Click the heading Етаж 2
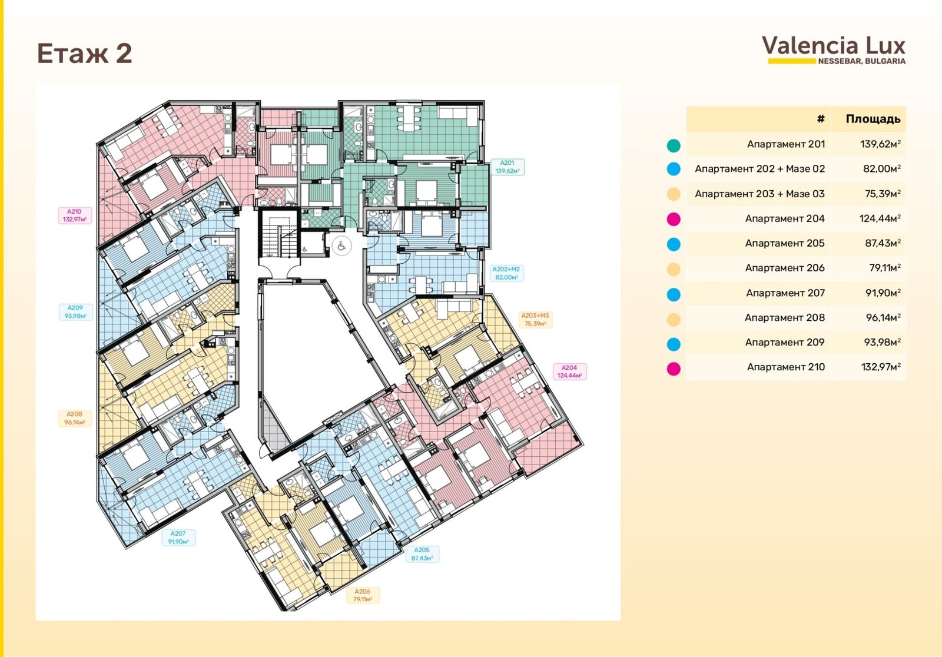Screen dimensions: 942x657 point(85,54)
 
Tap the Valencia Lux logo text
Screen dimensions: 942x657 point(834,46)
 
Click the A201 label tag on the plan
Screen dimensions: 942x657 point(507,167)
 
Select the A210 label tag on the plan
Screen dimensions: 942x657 point(75,215)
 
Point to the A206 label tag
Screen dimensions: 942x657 point(363,595)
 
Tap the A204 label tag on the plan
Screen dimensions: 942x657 point(569,371)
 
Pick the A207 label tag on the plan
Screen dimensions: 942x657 point(178,537)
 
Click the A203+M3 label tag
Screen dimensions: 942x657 point(535,320)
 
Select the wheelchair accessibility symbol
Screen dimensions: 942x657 point(341,246)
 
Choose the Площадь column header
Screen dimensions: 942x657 point(873,119)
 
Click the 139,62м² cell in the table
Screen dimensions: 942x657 point(880,144)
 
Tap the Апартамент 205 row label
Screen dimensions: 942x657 point(785,243)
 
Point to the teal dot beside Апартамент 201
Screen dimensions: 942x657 point(674,145)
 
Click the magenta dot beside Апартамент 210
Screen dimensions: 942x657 point(674,369)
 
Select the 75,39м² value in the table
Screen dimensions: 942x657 point(883,194)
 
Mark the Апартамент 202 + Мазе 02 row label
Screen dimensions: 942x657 point(760,169)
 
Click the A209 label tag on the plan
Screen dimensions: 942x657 point(75,312)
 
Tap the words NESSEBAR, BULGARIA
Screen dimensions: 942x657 point(862,61)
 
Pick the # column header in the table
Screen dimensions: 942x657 point(821,119)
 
